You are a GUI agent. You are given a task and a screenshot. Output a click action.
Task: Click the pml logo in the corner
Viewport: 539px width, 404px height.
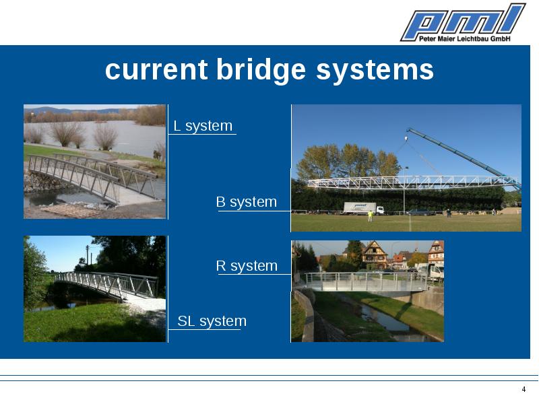[x=463, y=22]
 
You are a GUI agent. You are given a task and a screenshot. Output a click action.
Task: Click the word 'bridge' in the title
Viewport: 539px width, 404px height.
[x=261, y=70]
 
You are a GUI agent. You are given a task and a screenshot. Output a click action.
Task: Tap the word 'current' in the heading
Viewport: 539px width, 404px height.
[x=156, y=70]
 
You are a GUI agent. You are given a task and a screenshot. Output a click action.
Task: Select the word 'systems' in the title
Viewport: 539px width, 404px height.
[x=375, y=71]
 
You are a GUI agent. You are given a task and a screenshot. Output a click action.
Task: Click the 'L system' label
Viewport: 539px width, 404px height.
[x=203, y=126]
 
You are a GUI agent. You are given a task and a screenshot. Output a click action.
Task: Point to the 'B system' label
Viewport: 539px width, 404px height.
[x=246, y=201]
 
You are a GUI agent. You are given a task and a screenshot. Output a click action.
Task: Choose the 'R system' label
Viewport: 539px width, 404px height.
[x=247, y=265]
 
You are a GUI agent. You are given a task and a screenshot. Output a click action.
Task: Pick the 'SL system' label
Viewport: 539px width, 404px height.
[x=212, y=321]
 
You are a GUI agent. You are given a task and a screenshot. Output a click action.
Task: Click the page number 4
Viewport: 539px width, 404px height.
[x=524, y=389]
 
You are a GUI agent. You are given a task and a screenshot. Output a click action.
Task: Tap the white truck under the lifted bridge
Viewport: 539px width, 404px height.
[x=364, y=209]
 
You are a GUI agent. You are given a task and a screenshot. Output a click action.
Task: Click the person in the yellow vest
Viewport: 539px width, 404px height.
[x=370, y=215]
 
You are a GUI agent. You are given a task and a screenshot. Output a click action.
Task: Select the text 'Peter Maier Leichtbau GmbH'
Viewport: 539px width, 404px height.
[x=465, y=38]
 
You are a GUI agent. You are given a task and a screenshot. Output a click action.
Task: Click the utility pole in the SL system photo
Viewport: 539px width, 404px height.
[x=88, y=255]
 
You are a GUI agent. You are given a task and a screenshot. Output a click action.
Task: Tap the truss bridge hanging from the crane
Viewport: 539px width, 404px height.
[x=412, y=182]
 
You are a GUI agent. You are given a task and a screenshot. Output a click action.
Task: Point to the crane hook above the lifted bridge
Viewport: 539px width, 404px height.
[x=406, y=139]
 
